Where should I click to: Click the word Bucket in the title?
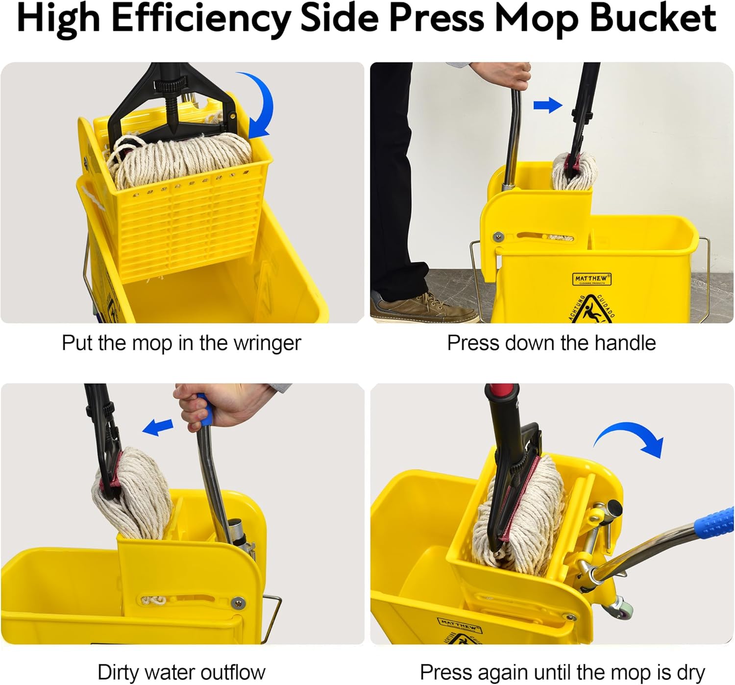[653, 19]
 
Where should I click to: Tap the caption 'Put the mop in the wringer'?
[181, 343]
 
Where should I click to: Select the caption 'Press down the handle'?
[551, 343]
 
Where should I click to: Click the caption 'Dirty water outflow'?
[181, 672]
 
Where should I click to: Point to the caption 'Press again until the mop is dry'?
[562, 672]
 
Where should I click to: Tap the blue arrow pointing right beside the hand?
[547, 105]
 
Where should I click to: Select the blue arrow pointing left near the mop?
[158, 427]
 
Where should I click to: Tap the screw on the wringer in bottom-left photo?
[239, 603]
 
